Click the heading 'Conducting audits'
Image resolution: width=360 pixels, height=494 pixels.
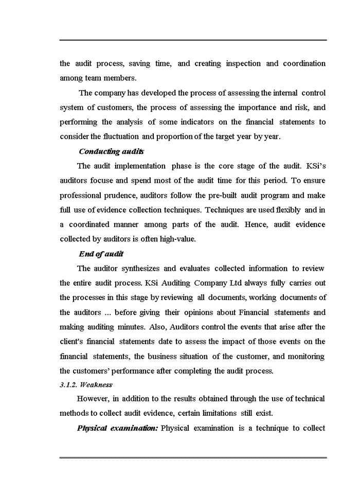(111, 151)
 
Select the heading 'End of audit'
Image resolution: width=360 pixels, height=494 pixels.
(101, 254)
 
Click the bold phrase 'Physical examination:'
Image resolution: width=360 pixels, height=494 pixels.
(117, 428)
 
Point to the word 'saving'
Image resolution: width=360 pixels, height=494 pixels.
(140, 64)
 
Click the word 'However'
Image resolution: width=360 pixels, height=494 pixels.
(92, 399)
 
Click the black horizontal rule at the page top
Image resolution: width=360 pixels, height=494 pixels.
(193, 40)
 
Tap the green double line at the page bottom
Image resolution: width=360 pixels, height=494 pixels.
(193, 457)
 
